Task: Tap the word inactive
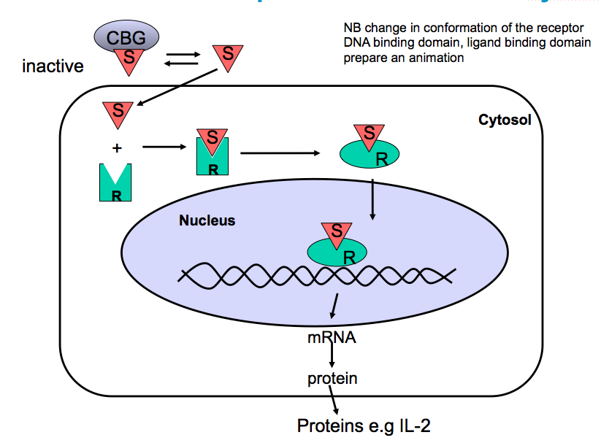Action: (x=53, y=67)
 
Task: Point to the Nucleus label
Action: (x=207, y=220)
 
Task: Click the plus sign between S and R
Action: (x=117, y=148)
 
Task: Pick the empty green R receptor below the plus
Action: (x=115, y=184)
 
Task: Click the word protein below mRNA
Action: (x=332, y=378)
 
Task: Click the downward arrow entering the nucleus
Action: (x=372, y=197)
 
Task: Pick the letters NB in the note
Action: (x=352, y=28)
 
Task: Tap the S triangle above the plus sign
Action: (x=118, y=112)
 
